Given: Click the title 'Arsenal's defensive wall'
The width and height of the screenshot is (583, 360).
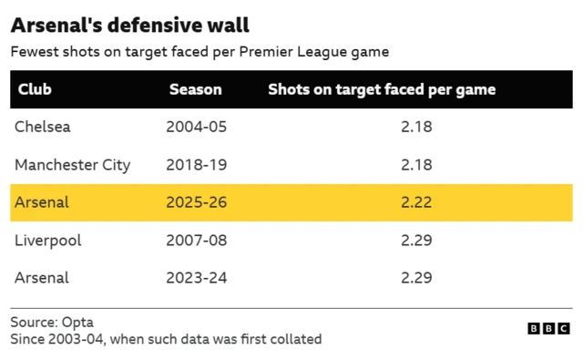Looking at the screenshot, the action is point(129,26).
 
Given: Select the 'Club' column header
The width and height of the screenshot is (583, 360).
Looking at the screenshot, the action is point(35,89).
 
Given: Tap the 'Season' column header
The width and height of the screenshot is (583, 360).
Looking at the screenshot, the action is point(196,89).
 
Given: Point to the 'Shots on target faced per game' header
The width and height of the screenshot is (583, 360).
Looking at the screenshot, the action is point(382,90).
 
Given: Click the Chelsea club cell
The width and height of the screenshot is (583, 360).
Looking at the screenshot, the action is point(43,127).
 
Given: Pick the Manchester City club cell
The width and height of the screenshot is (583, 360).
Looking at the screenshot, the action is point(73,165).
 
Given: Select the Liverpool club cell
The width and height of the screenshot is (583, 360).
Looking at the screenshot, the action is point(48,241).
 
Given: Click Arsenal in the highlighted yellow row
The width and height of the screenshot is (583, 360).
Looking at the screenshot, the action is point(42,202).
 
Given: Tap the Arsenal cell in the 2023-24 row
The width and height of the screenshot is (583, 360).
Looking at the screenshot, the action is point(42,278).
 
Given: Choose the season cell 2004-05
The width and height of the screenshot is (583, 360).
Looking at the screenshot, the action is point(197,127).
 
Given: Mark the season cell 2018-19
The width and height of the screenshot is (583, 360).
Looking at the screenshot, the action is point(197,165).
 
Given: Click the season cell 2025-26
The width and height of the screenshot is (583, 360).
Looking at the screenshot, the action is point(197,202).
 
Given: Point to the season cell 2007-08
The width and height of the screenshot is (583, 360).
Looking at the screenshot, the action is point(197,241).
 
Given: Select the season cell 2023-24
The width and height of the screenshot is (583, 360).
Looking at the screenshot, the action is point(197,278).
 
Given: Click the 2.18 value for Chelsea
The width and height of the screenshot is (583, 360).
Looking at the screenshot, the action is point(416,127).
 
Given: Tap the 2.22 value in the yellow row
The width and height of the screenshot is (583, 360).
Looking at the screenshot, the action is point(416,202).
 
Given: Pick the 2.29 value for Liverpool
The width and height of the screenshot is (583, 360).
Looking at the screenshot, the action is point(416,241).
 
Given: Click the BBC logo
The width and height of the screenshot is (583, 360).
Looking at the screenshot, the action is point(548,328).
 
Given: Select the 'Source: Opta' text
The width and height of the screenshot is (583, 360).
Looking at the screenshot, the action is point(52,322).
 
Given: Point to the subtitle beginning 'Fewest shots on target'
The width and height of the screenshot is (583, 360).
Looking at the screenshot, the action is point(199,52).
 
